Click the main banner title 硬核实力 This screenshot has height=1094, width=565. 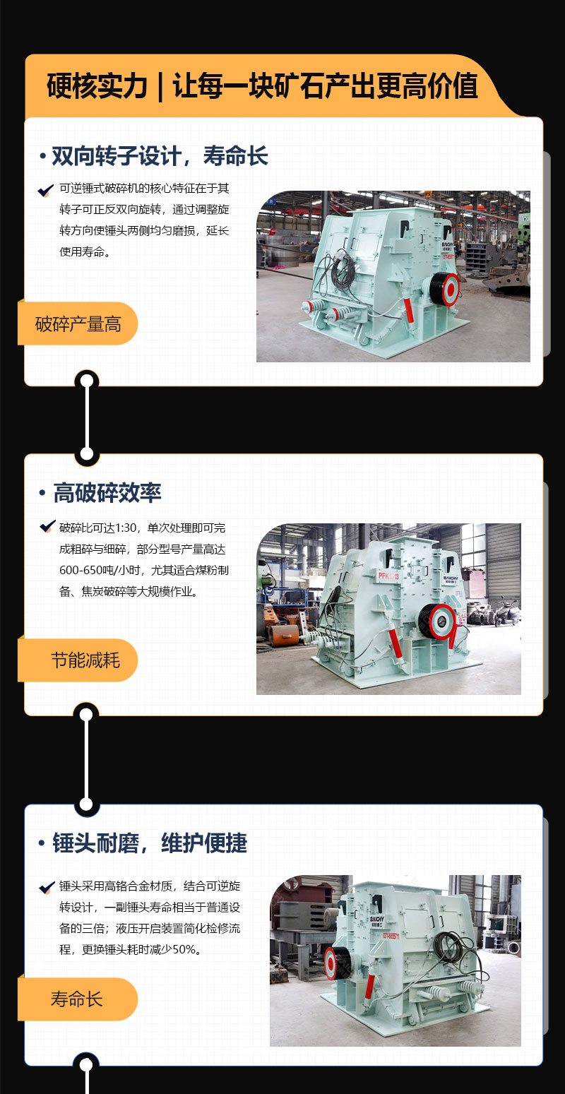[97, 86]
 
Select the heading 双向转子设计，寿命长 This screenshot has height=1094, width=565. [160, 156]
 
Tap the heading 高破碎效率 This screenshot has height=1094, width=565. [107, 493]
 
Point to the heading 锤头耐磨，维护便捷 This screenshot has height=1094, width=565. [150, 843]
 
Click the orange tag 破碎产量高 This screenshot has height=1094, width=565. [78, 323]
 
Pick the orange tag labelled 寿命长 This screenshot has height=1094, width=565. [78, 999]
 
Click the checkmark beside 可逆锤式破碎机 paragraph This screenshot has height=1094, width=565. [46, 190]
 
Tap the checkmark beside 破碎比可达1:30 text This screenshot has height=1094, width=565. [47, 526]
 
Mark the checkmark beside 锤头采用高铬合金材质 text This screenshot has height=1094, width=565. [47, 887]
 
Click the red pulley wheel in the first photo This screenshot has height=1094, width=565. [450, 289]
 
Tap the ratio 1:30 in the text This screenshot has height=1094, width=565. [126, 528]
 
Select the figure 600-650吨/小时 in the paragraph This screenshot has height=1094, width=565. [100, 570]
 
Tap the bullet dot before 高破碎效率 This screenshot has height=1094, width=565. [42, 493]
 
